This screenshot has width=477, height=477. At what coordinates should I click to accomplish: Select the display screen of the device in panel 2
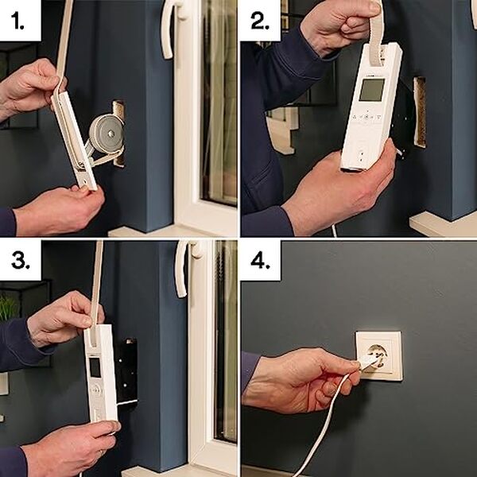pyautogui.click(x=371, y=89)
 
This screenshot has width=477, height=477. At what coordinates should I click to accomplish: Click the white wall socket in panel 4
pyautogui.click(x=378, y=355)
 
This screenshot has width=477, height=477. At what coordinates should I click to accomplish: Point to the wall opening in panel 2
pyautogui.click(x=419, y=111)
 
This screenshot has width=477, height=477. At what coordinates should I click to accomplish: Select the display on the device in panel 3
pyautogui.click(x=95, y=366)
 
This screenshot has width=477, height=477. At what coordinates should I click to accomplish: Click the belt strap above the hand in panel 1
pyautogui.click(x=64, y=32)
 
